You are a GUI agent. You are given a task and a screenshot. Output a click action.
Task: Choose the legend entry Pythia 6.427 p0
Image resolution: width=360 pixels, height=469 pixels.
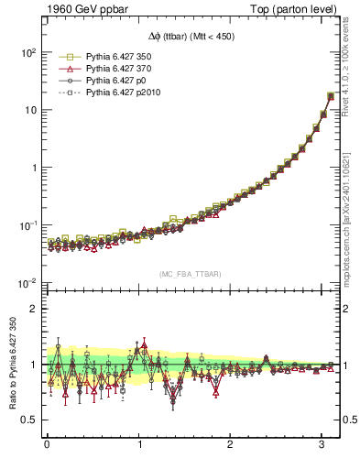[x=115, y=81]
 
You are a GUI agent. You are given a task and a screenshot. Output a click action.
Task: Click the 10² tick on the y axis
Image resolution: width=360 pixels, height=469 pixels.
[x=27, y=52]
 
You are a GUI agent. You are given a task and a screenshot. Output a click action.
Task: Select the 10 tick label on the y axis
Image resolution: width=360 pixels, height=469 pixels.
[x=29, y=110]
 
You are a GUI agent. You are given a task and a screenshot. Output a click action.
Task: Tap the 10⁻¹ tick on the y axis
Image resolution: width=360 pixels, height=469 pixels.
[x=27, y=225]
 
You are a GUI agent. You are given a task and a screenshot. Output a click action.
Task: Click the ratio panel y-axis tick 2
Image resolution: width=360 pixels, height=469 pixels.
[x=33, y=309]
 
